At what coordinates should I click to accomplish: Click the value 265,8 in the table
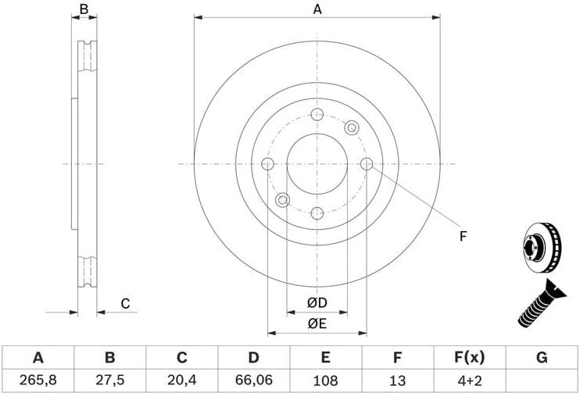pyautogui.click(x=38, y=380)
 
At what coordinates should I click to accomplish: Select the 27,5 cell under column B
pyautogui.click(x=110, y=380)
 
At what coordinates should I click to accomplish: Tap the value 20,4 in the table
pyautogui.click(x=181, y=380)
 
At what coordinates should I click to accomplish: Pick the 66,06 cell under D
pyautogui.click(x=253, y=380)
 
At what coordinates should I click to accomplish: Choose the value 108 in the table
pyautogui.click(x=325, y=380)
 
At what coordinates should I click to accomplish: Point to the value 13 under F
pyautogui.click(x=397, y=380)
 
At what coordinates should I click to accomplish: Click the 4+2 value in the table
pyautogui.click(x=469, y=380)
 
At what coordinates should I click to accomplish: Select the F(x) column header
pyautogui.click(x=469, y=358)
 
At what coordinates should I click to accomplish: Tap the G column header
pyautogui.click(x=541, y=358)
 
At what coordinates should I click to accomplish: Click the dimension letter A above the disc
pyautogui.click(x=317, y=9)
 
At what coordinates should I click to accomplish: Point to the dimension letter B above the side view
pyautogui.click(x=84, y=9)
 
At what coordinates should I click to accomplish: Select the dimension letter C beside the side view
pyautogui.click(x=125, y=304)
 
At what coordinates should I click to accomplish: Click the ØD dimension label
pyautogui.click(x=317, y=302)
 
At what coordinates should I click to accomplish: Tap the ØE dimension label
pyautogui.click(x=317, y=323)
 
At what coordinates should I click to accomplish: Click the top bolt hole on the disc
pyautogui.click(x=317, y=115)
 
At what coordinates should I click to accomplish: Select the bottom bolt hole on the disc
pyautogui.click(x=317, y=213)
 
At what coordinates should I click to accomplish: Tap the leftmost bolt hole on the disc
pyautogui.click(x=267, y=164)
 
